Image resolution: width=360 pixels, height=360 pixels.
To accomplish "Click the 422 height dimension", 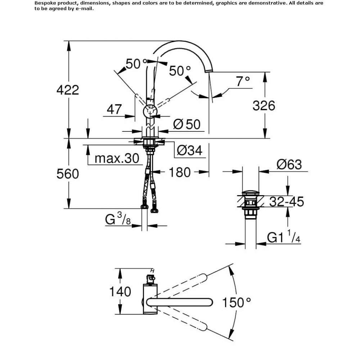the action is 68,90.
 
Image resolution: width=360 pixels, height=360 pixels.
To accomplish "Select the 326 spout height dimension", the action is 264,106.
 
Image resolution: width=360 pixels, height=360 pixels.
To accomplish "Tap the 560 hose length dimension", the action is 68,174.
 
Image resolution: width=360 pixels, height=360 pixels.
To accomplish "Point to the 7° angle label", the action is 243,81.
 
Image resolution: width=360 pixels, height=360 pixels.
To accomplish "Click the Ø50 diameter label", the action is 186,125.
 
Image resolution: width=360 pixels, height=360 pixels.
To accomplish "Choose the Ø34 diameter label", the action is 190,150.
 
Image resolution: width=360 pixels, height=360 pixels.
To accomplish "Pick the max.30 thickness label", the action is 117,158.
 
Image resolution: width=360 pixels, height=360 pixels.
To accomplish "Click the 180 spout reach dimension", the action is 180,172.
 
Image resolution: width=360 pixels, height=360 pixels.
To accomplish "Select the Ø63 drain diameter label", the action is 289,165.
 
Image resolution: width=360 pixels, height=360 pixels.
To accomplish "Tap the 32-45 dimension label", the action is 287,202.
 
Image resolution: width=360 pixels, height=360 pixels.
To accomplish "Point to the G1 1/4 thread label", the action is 284,237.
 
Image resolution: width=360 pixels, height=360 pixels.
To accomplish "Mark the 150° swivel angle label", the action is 237,302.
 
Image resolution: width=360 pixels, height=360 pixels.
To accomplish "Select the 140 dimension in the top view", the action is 120,292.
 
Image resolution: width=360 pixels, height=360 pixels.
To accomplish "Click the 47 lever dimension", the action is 114,109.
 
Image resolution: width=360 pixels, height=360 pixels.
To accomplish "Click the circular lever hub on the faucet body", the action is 150,112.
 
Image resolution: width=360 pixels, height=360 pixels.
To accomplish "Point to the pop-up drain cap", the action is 251,193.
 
